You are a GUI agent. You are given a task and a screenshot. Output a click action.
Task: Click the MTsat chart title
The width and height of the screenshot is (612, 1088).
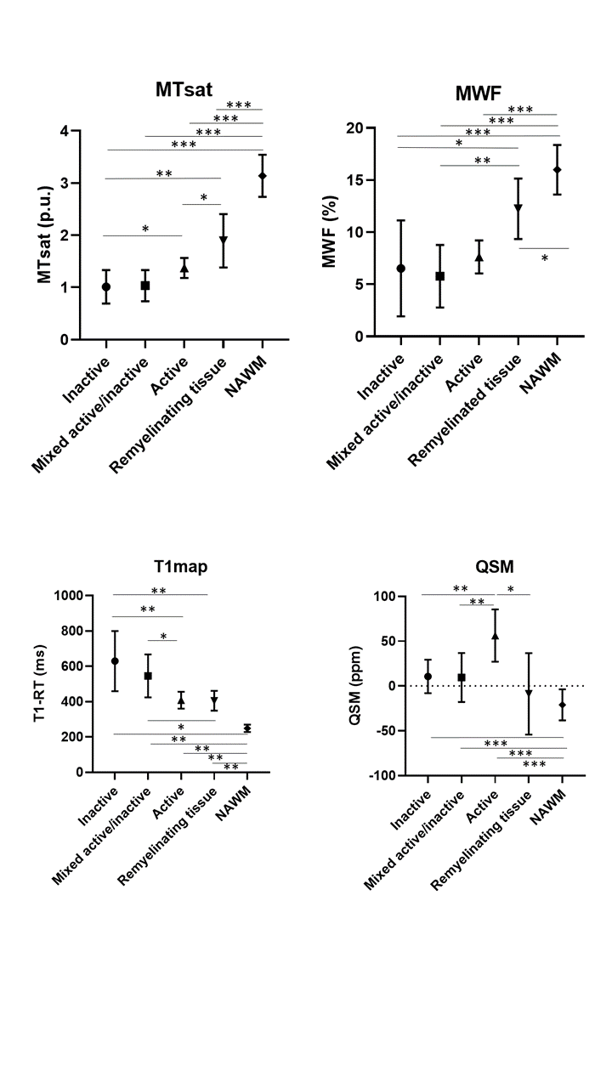tap(184, 88)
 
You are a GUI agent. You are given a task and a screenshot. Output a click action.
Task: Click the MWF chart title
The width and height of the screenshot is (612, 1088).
tap(479, 88)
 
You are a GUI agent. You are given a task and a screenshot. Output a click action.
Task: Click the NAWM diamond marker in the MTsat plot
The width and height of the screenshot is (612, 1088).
tap(263, 176)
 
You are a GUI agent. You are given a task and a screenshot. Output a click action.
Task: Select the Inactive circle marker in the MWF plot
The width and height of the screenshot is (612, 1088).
tap(401, 269)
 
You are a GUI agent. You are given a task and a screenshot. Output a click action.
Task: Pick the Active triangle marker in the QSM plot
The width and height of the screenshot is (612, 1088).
tap(495, 636)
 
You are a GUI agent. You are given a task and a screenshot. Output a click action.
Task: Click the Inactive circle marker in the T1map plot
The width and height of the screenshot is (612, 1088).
tap(115, 660)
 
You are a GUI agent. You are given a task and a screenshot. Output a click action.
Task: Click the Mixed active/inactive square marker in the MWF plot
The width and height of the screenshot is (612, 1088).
tap(440, 276)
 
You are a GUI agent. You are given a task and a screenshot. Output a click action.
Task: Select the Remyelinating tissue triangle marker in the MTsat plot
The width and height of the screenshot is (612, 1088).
tap(223, 241)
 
